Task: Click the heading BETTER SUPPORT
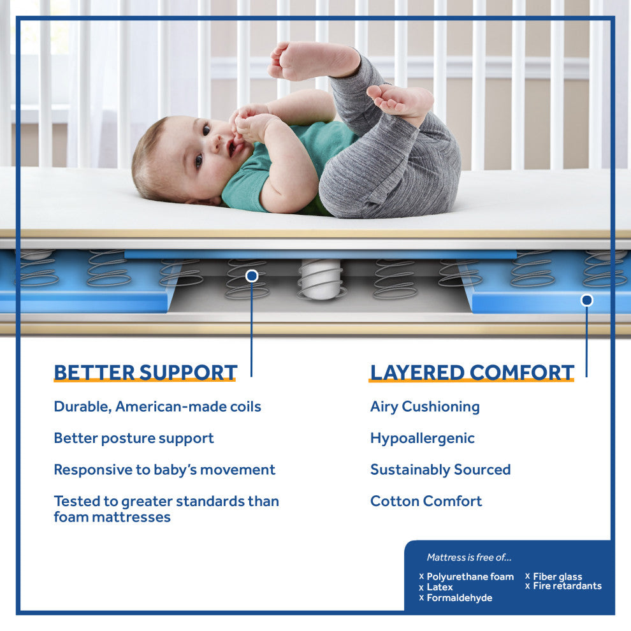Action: pyautogui.click(x=145, y=372)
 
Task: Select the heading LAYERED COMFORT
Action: pyautogui.click(x=472, y=372)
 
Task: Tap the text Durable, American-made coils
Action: pyautogui.click(x=157, y=407)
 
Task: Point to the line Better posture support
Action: pyautogui.click(x=134, y=439)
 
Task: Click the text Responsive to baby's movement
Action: pyautogui.click(x=164, y=470)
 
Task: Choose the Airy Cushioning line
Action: pyautogui.click(x=425, y=407)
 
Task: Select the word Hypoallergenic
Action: pyautogui.click(x=423, y=439)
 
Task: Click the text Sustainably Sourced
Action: pyautogui.click(x=440, y=470)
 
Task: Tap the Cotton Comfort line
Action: pyautogui.click(x=426, y=501)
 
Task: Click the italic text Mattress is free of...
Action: pyautogui.click(x=469, y=557)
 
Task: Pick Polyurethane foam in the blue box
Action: pyautogui.click(x=470, y=577)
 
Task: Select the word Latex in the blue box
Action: pyautogui.click(x=439, y=587)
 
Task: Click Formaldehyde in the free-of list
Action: pyautogui.click(x=459, y=598)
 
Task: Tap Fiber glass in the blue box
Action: pyautogui.click(x=557, y=577)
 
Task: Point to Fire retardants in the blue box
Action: pyautogui.click(x=567, y=586)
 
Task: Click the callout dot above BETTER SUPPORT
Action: pyautogui.click(x=252, y=275)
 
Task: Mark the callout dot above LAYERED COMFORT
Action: pyautogui.click(x=587, y=300)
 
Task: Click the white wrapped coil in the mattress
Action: pyautogui.click(x=321, y=279)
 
